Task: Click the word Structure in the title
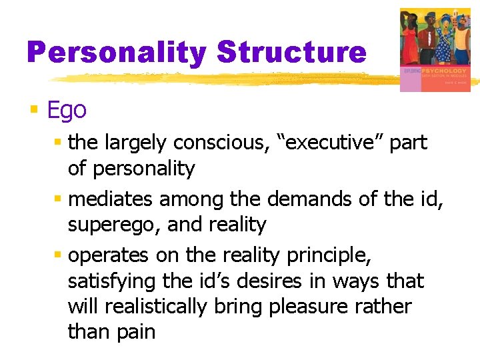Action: coord(291,52)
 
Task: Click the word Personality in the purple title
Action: coord(118,52)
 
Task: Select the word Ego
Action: coord(67,110)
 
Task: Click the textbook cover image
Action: coord(434,49)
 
